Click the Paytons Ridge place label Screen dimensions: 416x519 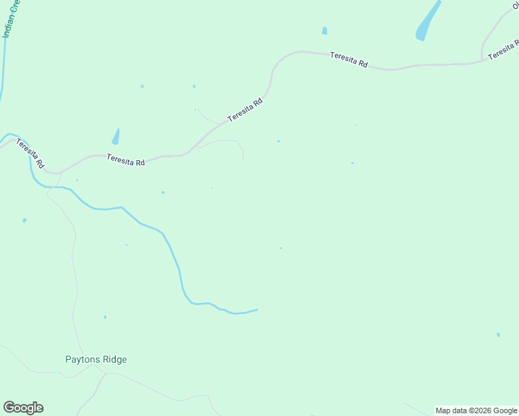pos(96,359)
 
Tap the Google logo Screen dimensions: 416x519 pos(23,408)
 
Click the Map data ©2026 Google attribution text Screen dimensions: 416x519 pos(476,410)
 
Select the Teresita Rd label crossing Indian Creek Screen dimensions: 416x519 pos(30,154)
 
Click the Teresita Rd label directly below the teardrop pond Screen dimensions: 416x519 pos(126,160)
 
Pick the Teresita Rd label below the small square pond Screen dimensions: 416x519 pos(348,60)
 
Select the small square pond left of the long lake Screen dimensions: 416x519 pos(325,31)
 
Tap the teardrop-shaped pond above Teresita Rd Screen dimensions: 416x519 pos(116,137)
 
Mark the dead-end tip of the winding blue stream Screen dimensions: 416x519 pos(257,309)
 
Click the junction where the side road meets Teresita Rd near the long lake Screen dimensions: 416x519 pos(482,60)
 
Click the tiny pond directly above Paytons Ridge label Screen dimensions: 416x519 pos(105,317)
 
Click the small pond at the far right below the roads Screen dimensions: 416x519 pos(498,335)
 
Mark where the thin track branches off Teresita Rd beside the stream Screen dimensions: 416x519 pos(58,173)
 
